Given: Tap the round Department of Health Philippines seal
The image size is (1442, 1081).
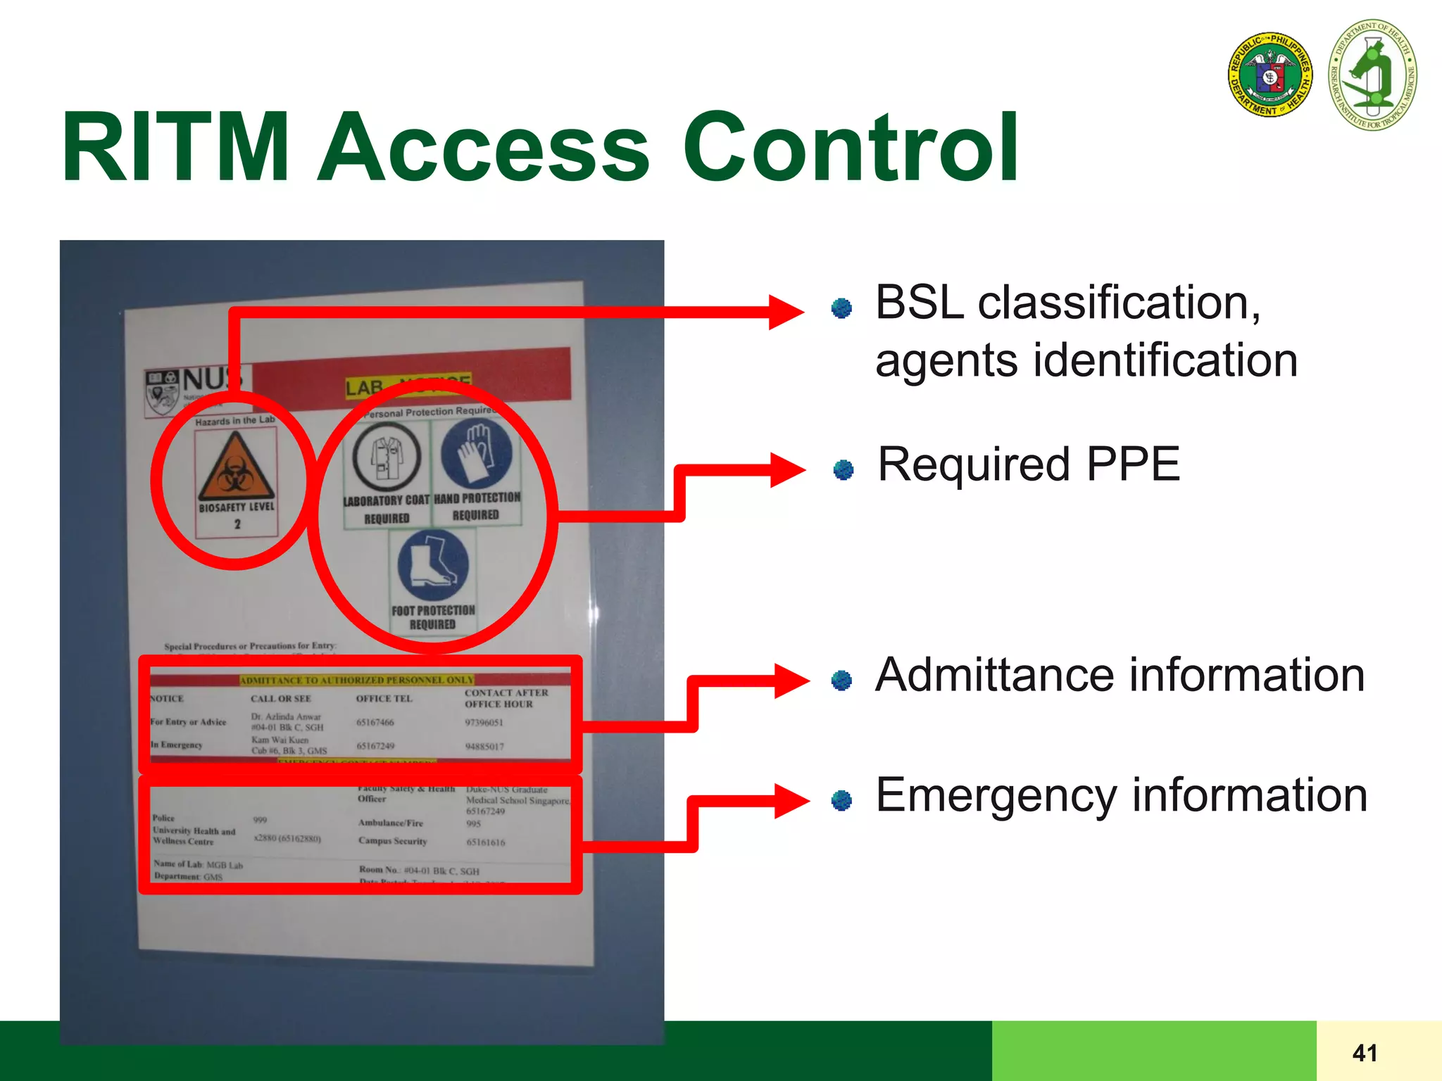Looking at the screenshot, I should [1269, 75].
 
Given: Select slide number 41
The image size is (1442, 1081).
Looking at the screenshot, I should [1365, 1053].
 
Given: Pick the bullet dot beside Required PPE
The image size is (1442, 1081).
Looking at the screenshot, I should [843, 469].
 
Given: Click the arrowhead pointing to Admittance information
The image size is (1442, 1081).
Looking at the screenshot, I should [791, 680].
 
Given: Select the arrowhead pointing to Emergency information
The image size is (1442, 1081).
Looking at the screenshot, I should [791, 800].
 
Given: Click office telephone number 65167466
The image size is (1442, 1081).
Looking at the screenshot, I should [375, 723].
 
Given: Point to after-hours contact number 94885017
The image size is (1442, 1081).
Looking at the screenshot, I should [484, 747].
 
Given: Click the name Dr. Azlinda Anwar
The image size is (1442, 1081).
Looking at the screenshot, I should [286, 716].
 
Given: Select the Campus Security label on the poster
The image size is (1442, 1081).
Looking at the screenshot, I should [392, 841].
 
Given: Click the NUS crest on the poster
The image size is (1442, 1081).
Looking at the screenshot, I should [162, 393].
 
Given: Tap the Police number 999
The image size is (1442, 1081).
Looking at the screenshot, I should [260, 820].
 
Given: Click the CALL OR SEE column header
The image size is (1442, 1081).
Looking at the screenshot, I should [280, 699].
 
